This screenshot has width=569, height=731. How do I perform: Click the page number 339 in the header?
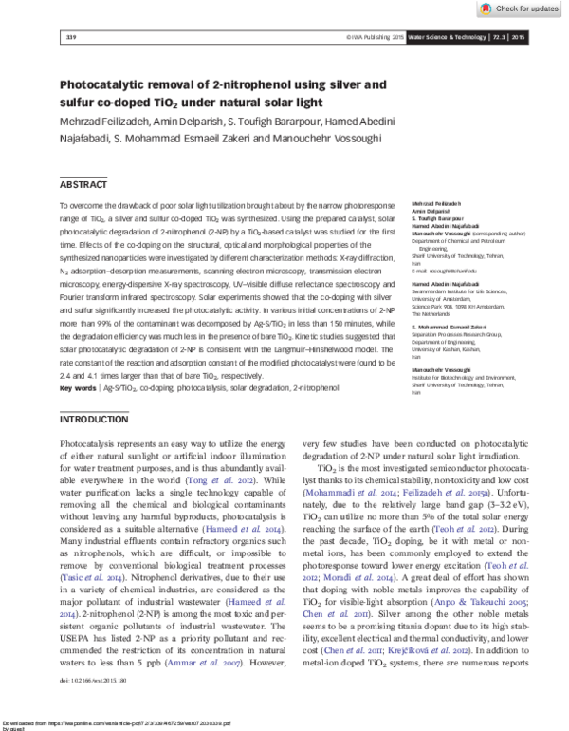[69, 37]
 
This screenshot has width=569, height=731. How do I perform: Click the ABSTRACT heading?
[83, 185]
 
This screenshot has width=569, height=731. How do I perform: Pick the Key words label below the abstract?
[77, 388]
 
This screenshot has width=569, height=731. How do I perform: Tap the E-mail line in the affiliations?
[449, 271]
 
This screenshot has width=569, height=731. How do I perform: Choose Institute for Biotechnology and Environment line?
[464, 377]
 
